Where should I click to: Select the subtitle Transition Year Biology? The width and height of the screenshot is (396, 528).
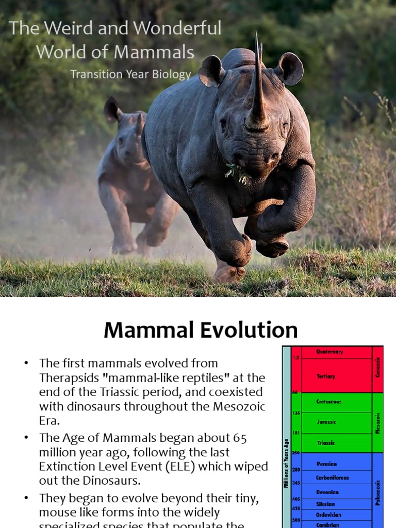click(130, 74)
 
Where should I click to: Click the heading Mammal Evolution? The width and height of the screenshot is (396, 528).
click(201, 330)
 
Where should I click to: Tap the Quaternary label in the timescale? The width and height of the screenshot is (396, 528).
click(329, 352)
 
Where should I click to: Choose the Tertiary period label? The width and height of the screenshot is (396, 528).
click(326, 376)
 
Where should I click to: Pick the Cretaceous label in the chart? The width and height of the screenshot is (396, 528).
click(329, 401)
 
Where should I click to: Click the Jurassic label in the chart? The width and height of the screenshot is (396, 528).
click(326, 422)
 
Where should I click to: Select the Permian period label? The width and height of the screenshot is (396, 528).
click(326, 464)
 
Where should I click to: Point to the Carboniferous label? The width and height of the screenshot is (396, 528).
click(332, 477)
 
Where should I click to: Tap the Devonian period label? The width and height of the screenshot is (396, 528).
click(327, 492)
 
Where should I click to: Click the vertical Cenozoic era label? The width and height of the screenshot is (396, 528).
click(378, 368)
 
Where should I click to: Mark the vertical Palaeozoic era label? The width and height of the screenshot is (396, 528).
click(378, 492)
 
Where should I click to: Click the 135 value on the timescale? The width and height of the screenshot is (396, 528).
click(296, 413)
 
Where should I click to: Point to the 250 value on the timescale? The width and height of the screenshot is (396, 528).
click(296, 453)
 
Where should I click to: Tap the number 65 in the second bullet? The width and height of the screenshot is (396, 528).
click(237, 438)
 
